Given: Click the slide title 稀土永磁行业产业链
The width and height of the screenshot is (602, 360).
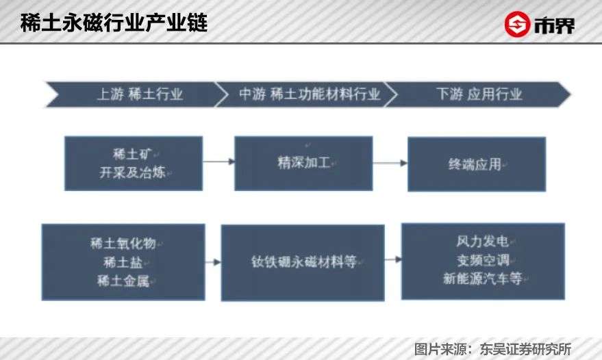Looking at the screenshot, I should pyautogui.click(x=114, y=22).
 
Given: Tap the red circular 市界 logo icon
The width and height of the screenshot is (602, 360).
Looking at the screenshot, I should pyautogui.click(x=518, y=24).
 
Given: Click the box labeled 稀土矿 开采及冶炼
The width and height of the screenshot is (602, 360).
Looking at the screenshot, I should pyautogui.click(x=134, y=163).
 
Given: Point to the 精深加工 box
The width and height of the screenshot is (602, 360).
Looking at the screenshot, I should pyautogui.click(x=303, y=163).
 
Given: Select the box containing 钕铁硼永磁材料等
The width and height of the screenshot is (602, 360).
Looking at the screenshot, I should pyautogui.click(x=303, y=262).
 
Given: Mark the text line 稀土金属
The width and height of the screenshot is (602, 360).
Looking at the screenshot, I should pyautogui.click(x=123, y=280).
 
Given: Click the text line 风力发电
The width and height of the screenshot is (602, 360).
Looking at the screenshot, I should pyautogui.click(x=482, y=242).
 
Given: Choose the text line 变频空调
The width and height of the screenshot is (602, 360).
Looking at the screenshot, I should pyautogui.click(x=482, y=261).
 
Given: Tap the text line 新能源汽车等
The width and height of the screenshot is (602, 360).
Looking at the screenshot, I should pyautogui.click(x=482, y=279).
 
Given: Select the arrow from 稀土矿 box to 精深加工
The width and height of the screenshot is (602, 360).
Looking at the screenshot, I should pyautogui.click(x=218, y=162).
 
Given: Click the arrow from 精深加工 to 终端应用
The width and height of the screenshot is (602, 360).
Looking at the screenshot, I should pyautogui.click(x=390, y=163).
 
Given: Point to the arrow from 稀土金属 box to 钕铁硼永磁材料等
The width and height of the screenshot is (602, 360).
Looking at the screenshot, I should pyautogui.click(x=213, y=262).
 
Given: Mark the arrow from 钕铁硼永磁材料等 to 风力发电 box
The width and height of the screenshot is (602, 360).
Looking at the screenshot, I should pyautogui.click(x=392, y=260).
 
